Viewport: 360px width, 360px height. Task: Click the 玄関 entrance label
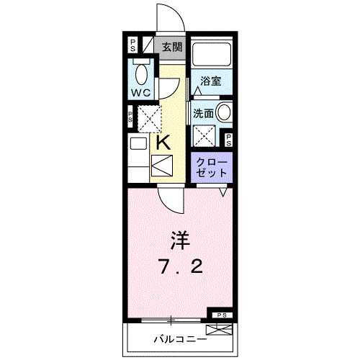[172, 48]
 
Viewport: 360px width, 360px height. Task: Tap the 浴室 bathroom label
[210, 81]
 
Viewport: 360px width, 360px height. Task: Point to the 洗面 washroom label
[203, 113]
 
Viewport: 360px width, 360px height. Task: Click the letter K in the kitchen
[163, 143]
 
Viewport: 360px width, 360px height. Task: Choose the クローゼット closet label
[212, 168]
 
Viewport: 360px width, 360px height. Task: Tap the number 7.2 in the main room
[180, 268]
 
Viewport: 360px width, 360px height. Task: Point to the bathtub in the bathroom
[212, 55]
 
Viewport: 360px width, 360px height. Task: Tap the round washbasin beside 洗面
[224, 112]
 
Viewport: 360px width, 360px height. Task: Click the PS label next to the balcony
[221, 315]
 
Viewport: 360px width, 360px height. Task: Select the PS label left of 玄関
[133, 45]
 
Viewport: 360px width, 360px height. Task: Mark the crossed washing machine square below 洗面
[205, 135]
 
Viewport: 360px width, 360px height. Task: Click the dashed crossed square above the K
[150, 117]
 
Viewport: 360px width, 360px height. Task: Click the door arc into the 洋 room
[171, 198]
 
